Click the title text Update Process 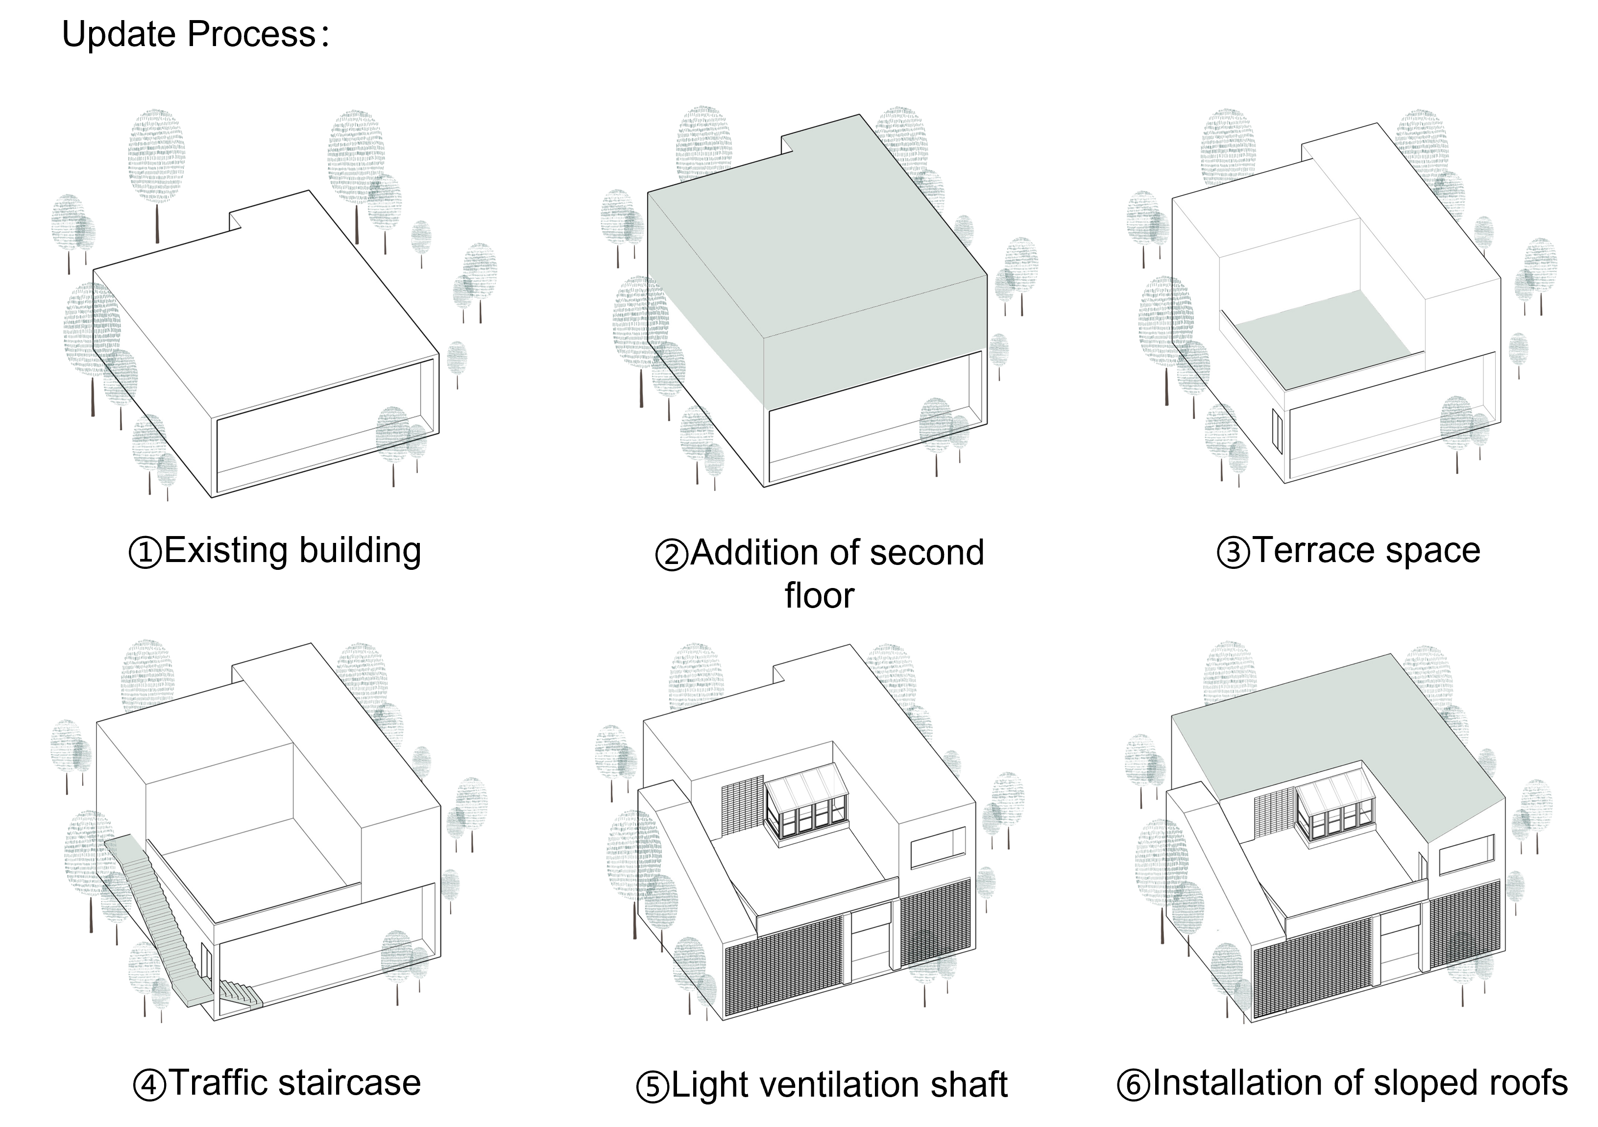tap(189, 35)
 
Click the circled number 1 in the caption tap(146, 553)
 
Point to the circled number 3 tap(1234, 553)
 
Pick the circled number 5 tap(654, 1087)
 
